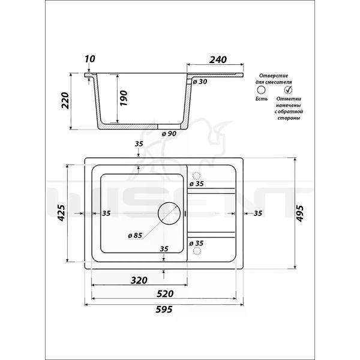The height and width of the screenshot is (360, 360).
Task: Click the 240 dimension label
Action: (218, 59)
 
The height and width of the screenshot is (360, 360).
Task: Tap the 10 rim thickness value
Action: (89, 59)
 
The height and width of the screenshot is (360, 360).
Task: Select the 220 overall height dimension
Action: (65, 101)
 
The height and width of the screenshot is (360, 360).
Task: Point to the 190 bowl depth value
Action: (123, 98)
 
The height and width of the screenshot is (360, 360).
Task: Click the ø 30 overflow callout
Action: (200, 82)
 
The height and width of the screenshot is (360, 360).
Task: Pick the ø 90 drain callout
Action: (169, 133)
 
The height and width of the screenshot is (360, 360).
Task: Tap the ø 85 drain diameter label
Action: (135, 235)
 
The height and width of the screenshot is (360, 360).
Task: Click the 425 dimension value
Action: (61, 213)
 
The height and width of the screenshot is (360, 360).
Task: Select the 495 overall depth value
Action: (300, 214)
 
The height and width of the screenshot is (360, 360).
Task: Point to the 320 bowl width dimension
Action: (139, 280)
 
